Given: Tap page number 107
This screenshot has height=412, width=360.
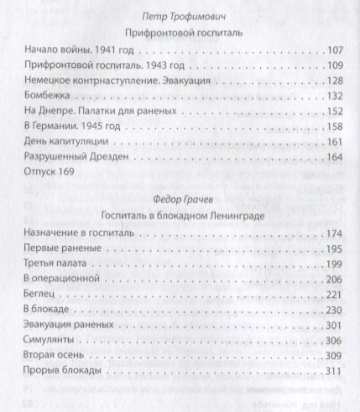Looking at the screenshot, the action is pos(330,50).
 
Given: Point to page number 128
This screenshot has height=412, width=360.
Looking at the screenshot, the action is pos(330,81).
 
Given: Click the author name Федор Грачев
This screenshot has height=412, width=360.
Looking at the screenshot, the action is pos(180,199).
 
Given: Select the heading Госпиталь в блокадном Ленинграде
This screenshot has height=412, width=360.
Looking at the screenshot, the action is pos(180,215).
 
